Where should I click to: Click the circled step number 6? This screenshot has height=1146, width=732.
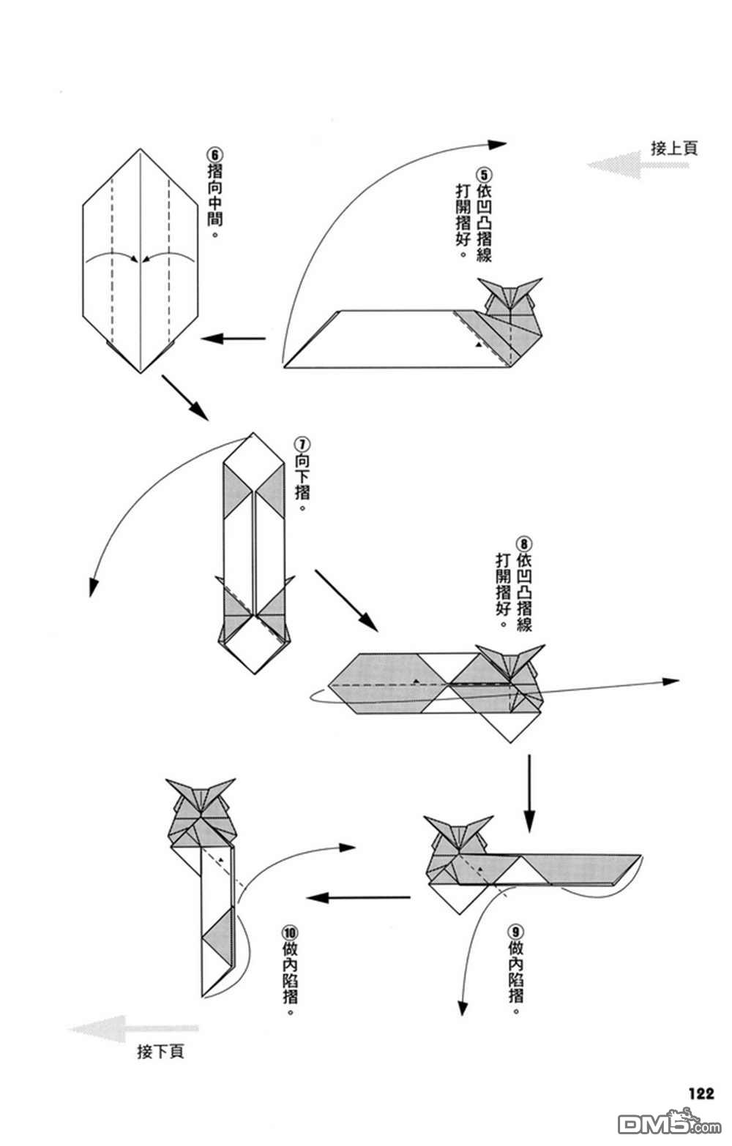click(x=214, y=155)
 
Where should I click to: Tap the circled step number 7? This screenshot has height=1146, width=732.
click(x=302, y=445)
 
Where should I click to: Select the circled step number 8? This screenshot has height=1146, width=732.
click(x=524, y=544)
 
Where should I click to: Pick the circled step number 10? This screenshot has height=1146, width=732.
click(x=290, y=932)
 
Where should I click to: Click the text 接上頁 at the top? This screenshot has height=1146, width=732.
click(x=674, y=148)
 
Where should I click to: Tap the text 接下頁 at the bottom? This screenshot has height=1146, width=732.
click(x=160, y=1052)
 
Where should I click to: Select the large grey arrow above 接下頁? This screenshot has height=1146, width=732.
click(x=132, y=1029)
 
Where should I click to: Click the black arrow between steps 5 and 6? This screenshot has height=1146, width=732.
click(x=233, y=338)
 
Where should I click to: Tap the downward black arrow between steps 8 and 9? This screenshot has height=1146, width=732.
click(x=529, y=793)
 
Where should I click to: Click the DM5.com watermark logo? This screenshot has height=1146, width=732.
click(x=659, y=1121)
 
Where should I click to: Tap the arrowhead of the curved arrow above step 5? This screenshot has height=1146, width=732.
click(x=499, y=144)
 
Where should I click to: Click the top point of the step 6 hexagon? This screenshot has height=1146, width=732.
click(x=140, y=149)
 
